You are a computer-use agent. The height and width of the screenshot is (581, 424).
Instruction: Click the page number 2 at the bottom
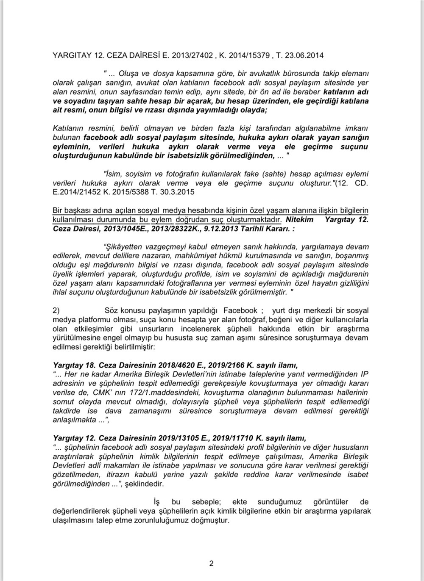[x=211, y=563]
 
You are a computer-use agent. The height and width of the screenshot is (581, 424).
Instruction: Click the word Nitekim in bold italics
[x=300, y=220]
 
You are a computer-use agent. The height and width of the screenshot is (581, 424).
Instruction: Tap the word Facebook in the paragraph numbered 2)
[x=240, y=310]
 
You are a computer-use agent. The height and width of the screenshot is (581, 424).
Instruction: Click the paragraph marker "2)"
[x=56, y=310]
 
